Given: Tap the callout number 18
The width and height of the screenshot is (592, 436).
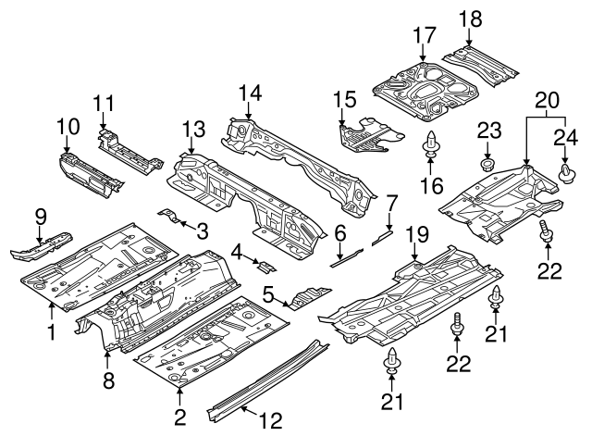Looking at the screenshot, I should (x=470, y=19).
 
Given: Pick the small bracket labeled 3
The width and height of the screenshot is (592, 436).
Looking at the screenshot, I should (x=169, y=218).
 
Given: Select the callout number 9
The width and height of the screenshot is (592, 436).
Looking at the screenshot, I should (x=41, y=217).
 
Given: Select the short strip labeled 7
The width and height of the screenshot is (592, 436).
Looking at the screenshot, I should (x=382, y=236).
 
